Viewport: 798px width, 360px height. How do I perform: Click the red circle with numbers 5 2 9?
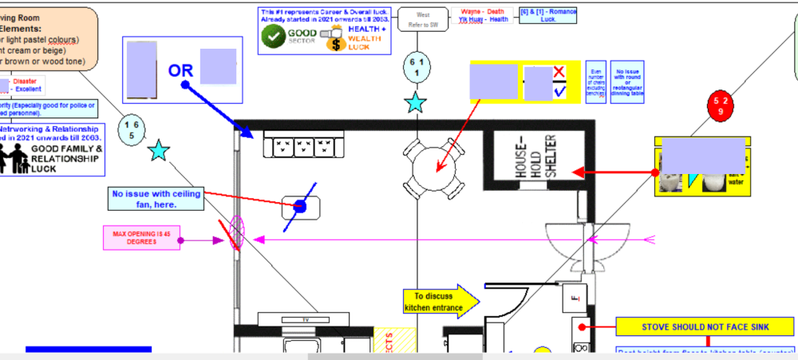(721, 107)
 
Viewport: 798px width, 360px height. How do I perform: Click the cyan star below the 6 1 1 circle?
(416, 102)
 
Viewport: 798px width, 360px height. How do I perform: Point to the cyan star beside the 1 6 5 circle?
(160, 150)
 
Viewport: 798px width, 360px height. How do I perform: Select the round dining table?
(433, 166)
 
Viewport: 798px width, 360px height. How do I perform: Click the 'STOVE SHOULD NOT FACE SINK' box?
(705, 326)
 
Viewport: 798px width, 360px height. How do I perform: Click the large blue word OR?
(180, 70)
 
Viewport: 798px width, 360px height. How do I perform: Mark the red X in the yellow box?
(559, 73)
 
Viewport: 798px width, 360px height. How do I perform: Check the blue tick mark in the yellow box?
(559, 92)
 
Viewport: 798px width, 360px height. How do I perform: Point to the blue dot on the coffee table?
(300, 207)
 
